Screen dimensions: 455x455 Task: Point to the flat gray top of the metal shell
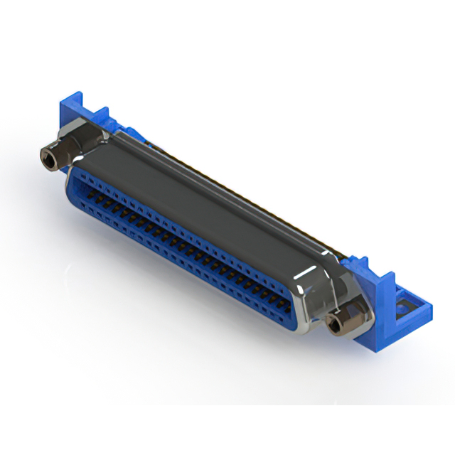(213, 192)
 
